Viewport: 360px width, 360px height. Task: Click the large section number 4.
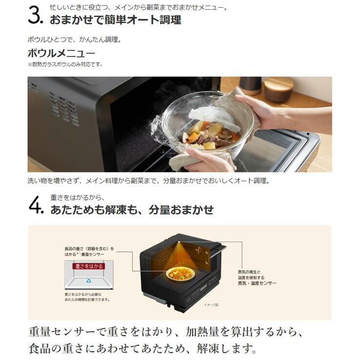pyautogui.click(x=36, y=205)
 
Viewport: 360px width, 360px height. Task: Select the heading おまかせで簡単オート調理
pyautogui.click(x=115, y=20)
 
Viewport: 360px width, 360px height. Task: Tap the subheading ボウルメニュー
pyautogui.click(x=61, y=53)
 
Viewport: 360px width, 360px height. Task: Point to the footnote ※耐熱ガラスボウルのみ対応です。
pyautogui.click(x=65, y=64)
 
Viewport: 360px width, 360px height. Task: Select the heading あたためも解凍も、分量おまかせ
pyautogui.click(x=132, y=210)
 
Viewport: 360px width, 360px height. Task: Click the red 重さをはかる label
pyautogui.click(x=88, y=267)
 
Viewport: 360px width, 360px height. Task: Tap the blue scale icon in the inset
pyautogui.click(x=89, y=281)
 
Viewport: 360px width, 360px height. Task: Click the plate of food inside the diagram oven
pyautogui.click(x=180, y=273)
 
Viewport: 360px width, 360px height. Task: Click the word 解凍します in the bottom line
pyautogui.click(x=229, y=349)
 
